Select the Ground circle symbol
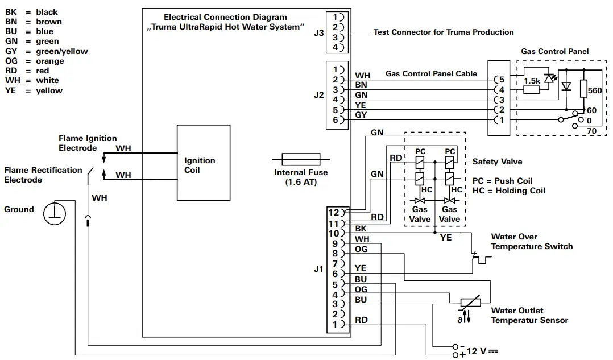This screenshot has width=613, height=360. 56,214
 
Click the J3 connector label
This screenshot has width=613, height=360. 319,33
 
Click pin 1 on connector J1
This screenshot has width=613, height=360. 335,324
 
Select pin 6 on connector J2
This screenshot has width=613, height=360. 336,120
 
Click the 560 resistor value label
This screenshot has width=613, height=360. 594,90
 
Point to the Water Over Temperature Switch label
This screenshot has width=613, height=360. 532,242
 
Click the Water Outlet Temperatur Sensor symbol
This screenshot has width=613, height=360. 470,305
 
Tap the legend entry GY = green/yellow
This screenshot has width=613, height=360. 46,51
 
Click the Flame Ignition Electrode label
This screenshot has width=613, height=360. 88,143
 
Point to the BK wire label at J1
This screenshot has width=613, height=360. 361,229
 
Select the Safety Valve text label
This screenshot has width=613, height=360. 497,162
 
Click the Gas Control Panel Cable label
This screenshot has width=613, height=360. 431,73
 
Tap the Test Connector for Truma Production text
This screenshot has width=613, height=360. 443,32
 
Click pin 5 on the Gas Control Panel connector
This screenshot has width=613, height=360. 500,80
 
